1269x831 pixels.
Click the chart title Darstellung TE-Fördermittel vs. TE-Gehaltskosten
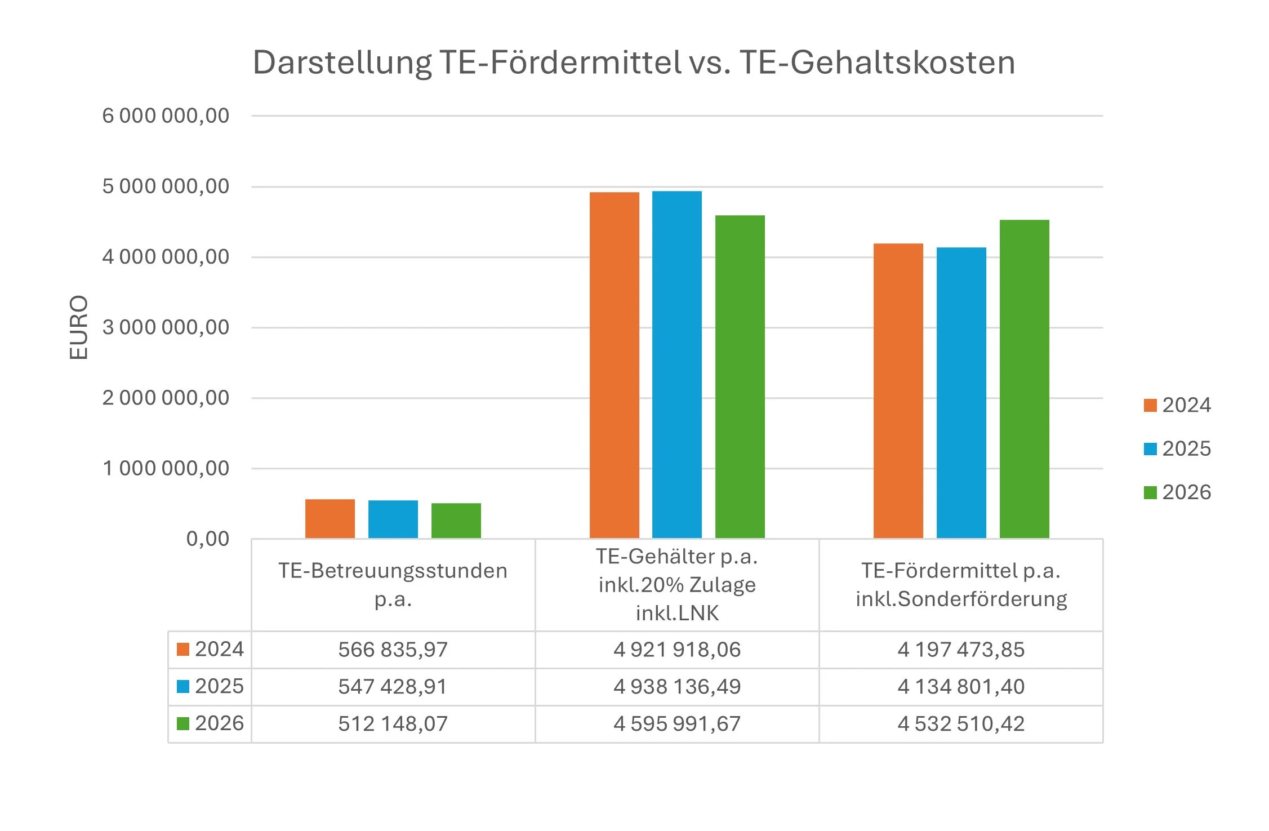[x=634, y=62]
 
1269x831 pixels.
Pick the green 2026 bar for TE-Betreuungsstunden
[x=456, y=521]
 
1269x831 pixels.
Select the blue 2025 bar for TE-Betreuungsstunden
[x=393, y=519]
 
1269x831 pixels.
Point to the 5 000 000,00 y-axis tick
[x=166, y=186]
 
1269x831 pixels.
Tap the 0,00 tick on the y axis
[x=207, y=539]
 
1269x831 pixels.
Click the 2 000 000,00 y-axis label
[x=166, y=398]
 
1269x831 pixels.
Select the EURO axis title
[x=79, y=327]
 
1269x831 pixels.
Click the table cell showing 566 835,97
[x=393, y=650]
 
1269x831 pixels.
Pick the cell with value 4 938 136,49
[x=677, y=687]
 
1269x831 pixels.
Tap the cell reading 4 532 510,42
[x=961, y=724]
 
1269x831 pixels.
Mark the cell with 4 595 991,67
[x=677, y=724]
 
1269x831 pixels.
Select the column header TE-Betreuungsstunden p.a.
[x=393, y=584]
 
